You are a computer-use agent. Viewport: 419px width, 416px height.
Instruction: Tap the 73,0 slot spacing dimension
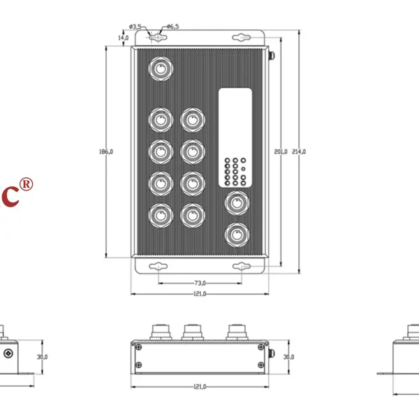point(200,283)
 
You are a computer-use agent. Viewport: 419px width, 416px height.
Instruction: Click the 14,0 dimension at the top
point(124,37)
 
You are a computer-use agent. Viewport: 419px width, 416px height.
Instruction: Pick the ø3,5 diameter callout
point(136,26)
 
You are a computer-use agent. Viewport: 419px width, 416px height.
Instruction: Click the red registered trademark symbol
point(26,184)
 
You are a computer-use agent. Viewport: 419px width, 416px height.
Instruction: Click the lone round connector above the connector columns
point(161,69)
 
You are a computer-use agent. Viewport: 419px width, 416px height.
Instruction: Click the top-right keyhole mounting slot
point(244,36)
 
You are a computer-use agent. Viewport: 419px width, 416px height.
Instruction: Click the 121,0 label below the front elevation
point(200,386)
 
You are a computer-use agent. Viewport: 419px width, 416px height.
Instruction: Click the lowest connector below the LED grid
point(235,234)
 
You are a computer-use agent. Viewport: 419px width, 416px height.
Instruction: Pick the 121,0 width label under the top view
point(200,294)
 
